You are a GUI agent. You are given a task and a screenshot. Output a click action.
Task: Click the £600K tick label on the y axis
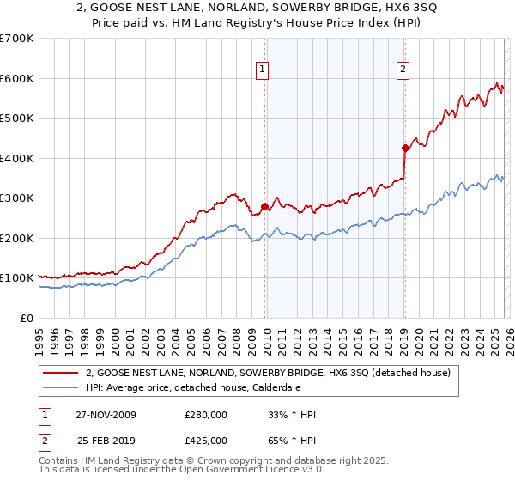(17, 78)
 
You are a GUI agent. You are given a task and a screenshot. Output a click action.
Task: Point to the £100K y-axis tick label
(17, 278)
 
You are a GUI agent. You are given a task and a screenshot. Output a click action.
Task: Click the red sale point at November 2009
(264, 206)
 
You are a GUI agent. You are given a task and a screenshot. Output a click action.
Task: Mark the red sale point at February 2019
(404, 148)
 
